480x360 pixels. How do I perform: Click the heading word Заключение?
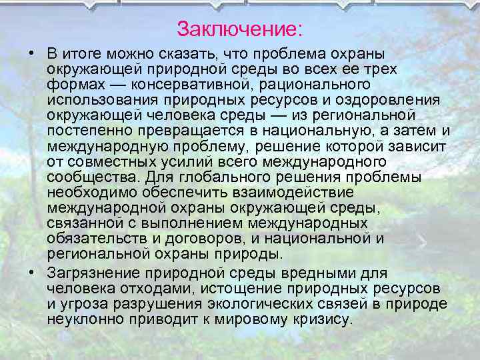238,29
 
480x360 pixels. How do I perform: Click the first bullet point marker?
31,53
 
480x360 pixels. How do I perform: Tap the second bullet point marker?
31,273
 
